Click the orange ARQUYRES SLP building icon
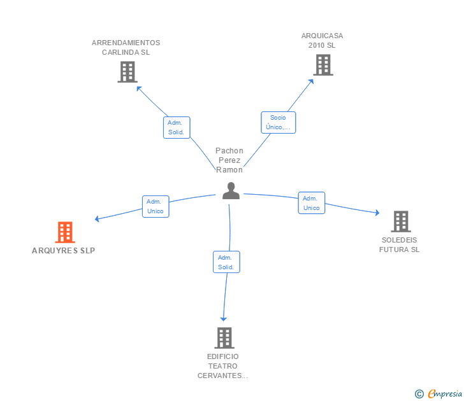[x=65, y=232]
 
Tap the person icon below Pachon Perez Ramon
[x=231, y=190]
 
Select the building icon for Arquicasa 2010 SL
[x=323, y=65]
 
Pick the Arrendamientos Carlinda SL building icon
[x=127, y=72]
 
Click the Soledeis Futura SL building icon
[x=401, y=222]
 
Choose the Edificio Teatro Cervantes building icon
[x=224, y=338]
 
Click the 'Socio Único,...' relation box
[x=278, y=122]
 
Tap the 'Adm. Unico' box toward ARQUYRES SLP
[x=156, y=206]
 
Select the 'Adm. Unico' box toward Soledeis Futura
[x=311, y=202]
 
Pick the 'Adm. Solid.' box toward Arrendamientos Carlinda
[x=177, y=127]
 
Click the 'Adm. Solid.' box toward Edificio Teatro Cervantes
[x=226, y=262]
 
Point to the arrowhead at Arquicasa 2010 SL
[x=311, y=81]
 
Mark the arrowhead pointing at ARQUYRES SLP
[x=96, y=219]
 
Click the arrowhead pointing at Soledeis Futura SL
[x=377, y=213]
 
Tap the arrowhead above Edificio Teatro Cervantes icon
[x=224, y=319]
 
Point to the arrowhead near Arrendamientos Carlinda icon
[x=138, y=88]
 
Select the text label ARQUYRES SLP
[x=63, y=251]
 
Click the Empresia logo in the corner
[x=439, y=393]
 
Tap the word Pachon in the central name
[x=229, y=151]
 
